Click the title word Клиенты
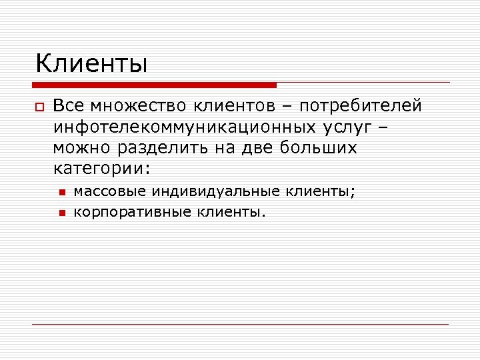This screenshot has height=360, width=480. (x=91, y=64)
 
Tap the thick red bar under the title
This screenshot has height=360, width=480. (x=154, y=85)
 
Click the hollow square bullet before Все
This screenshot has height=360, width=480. (x=39, y=107)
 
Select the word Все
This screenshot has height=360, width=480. (x=69, y=106)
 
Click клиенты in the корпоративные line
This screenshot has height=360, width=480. (x=231, y=212)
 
